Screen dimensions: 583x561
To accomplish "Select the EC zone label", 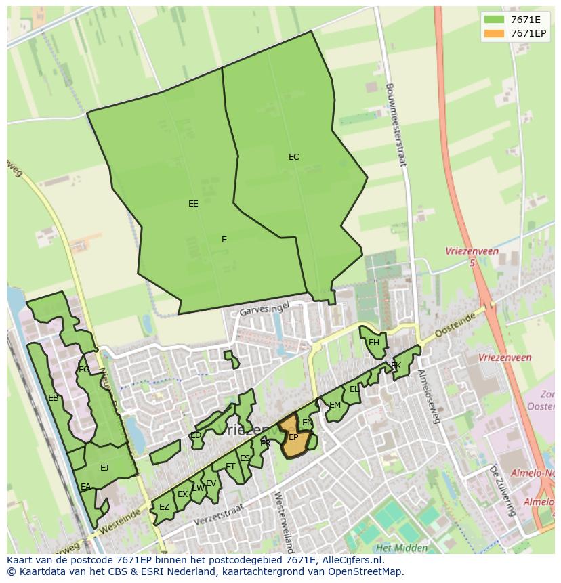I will [x=293, y=157].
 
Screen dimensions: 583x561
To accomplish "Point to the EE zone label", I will [x=193, y=203].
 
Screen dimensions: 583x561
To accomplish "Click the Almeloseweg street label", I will [x=430, y=396].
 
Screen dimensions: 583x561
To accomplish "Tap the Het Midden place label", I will [x=402, y=548].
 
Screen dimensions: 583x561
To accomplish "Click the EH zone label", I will [x=373, y=343].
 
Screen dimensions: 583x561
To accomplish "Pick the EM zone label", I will [x=335, y=405].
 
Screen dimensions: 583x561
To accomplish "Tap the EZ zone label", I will [x=164, y=506].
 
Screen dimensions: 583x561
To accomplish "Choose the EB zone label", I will [x=53, y=398].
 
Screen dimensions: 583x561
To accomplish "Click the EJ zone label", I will [x=104, y=467].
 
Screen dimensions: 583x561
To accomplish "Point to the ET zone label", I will [x=230, y=467].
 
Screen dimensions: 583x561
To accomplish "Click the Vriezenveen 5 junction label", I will [x=472, y=256].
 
